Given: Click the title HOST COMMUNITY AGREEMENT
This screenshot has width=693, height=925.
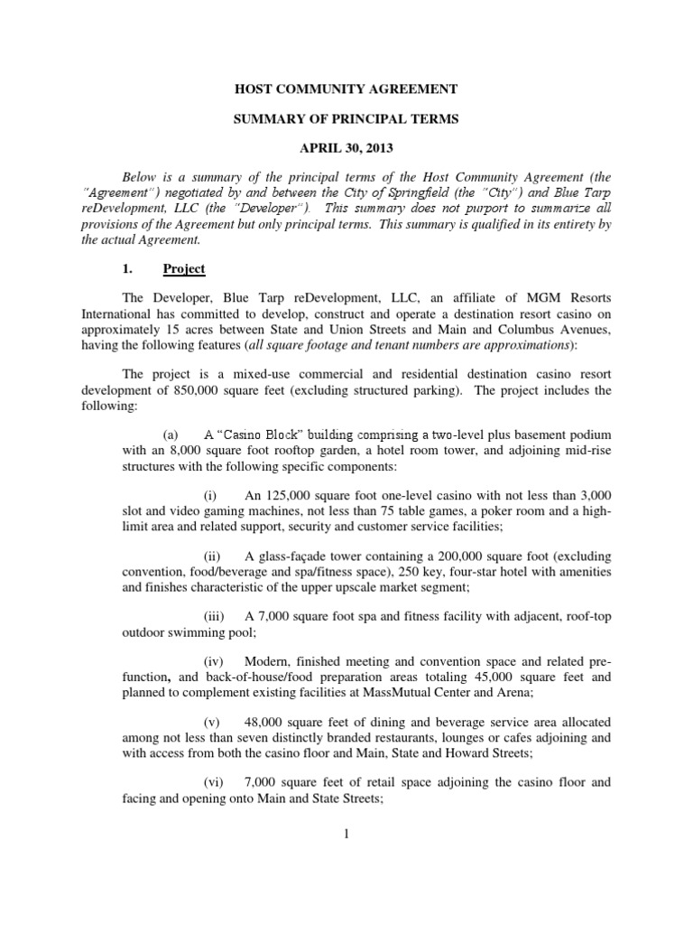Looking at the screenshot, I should click(346, 89).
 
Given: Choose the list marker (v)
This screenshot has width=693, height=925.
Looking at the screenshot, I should click(212, 723).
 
